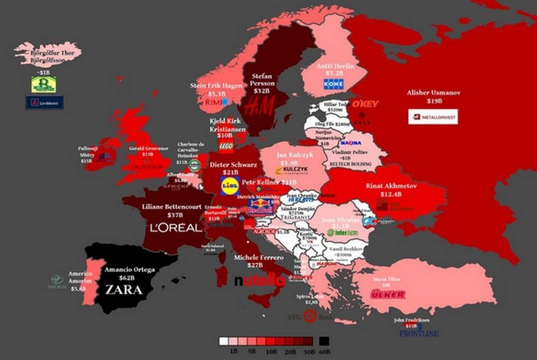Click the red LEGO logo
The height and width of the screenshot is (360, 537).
(x=226, y=146)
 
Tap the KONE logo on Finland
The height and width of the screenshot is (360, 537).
(x=333, y=84)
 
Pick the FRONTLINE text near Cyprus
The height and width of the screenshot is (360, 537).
(x=419, y=333)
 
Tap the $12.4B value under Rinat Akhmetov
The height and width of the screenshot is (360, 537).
(x=392, y=194)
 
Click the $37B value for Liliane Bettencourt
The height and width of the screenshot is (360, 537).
(x=177, y=215)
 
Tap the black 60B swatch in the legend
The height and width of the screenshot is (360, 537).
(x=324, y=341)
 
